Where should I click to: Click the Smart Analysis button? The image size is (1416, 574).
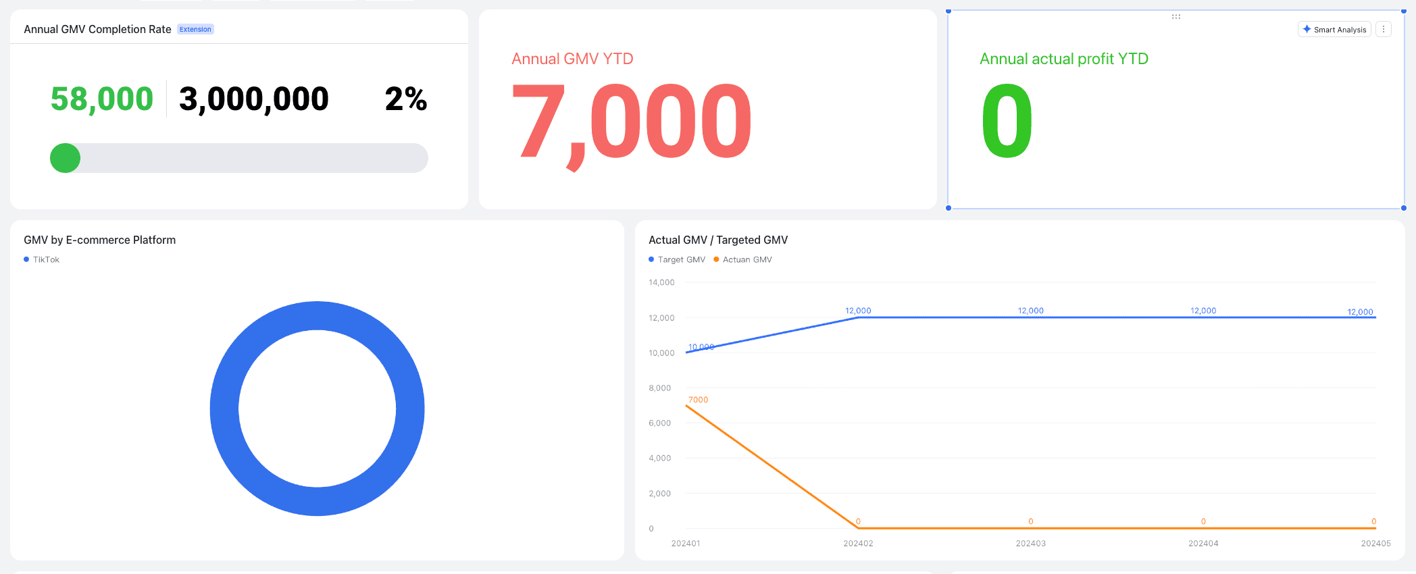[x=1334, y=30]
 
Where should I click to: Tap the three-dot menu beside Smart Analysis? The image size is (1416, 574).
[x=1384, y=30]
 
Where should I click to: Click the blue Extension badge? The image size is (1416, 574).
[x=195, y=30]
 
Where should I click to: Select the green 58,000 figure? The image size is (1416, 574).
[x=102, y=99]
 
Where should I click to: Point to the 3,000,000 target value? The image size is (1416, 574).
[x=253, y=99]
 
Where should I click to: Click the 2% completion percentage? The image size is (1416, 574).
[x=406, y=99]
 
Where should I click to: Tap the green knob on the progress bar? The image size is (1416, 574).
[x=66, y=158]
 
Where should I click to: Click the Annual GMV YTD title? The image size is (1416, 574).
[x=572, y=59]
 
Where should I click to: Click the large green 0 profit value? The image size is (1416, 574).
[x=1007, y=122]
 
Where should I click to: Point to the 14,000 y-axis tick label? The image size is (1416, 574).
[x=661, y=282]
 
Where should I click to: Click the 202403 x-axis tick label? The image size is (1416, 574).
[x=1030, y=543]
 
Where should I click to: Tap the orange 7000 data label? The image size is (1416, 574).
[x=698, y=400]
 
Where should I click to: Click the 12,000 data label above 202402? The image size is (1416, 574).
[x=858, y=311]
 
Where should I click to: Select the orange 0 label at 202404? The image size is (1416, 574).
[x=1203, y=521]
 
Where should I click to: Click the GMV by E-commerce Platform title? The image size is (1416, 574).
[x=99, y=240]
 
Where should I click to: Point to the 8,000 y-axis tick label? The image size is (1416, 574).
[x=659, y=388]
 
